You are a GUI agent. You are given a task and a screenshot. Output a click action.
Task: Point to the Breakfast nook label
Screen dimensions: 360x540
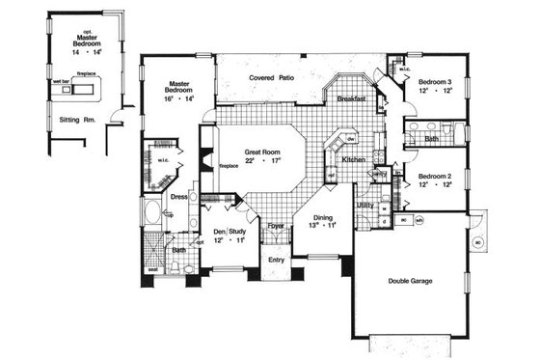point(355,97)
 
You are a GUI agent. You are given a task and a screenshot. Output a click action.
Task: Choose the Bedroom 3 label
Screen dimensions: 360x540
point(435,84)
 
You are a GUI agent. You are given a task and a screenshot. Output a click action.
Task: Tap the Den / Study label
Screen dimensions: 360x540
point(229,231)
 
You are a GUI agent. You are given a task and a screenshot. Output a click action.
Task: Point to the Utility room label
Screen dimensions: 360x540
point(365,206)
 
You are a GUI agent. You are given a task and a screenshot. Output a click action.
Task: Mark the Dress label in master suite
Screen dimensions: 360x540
point(178,197)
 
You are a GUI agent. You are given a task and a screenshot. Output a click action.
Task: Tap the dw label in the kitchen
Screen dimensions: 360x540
point(341,137)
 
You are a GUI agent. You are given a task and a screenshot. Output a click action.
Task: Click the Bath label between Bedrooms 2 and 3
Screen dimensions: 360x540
point(433,138)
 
